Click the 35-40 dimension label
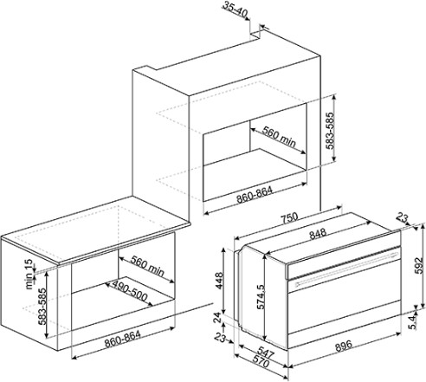236,9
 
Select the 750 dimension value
289,217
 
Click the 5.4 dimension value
413,321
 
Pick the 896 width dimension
344,345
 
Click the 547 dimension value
266,353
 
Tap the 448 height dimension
219,281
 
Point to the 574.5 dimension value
260,297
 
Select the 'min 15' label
29,275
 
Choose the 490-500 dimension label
130,290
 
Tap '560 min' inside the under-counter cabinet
147,265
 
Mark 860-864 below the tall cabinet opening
255,195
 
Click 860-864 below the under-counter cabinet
123,339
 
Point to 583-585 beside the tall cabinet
330,130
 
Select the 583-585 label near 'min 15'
42,307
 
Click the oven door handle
346,269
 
